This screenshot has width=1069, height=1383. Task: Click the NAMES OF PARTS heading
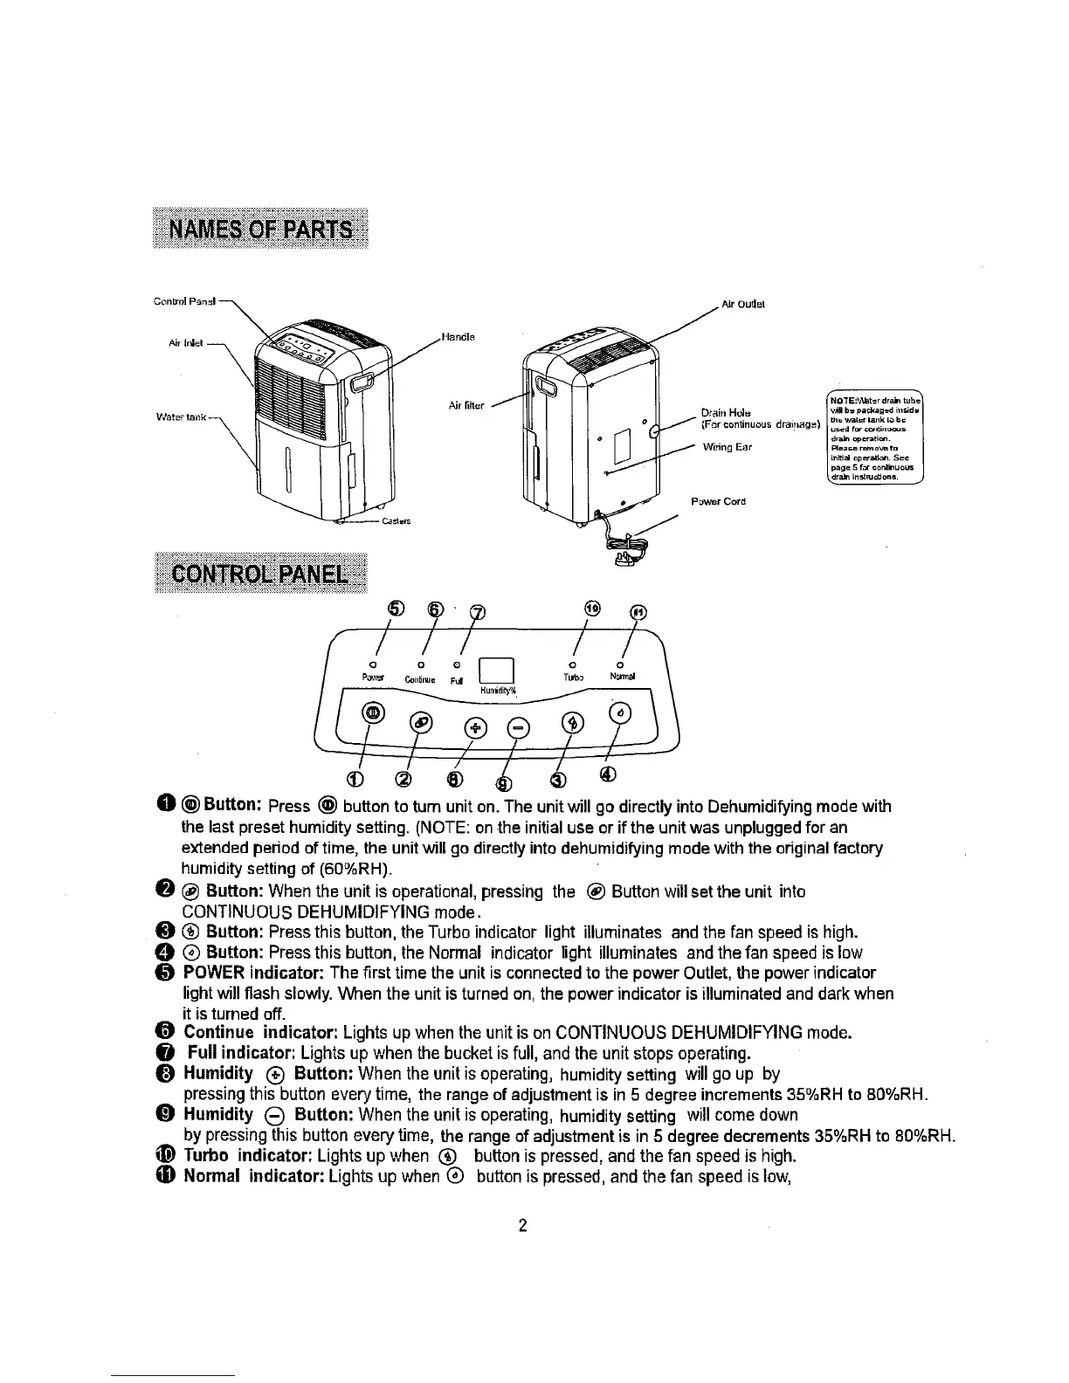tap(259, 230)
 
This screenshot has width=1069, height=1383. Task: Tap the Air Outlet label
tap(742, 305)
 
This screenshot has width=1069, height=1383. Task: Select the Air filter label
tap(466, 405)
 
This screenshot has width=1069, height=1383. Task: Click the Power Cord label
tap(718, 502)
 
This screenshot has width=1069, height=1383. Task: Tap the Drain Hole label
tap(722, 412)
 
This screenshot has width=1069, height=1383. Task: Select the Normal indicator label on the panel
tap(622, 676)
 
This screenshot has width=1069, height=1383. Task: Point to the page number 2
tap(523, 1226)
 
